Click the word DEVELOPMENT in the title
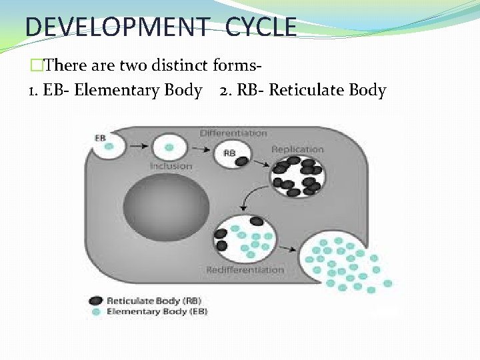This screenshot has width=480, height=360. [x=116, y=27]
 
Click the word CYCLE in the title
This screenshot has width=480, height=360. [x=261, y=27]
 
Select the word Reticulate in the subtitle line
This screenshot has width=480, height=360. [x=308, y=90]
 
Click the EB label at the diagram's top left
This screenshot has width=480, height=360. [x=100, y=138]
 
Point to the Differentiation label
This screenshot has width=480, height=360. [x=233, y=133]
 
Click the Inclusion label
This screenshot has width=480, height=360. [x=171, y=166]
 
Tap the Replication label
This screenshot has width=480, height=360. [x=297, y=149]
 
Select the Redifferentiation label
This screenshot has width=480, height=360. [x=245, y=270]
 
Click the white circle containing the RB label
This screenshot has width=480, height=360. [x=232, y=154]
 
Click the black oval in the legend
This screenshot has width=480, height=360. [x=97, y=301]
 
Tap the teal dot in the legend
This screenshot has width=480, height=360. [x=97, y=311]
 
